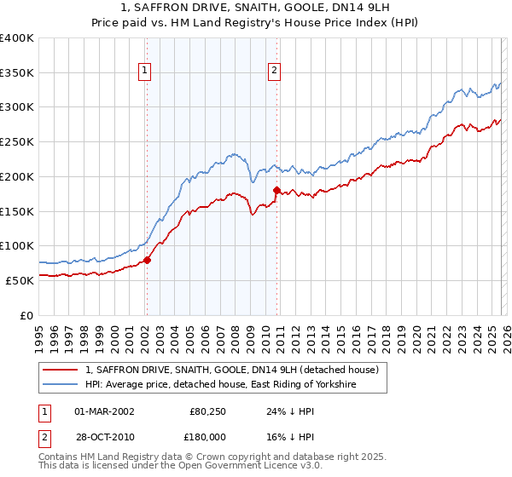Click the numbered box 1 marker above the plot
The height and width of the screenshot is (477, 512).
146,72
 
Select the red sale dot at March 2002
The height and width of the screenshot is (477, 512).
147,260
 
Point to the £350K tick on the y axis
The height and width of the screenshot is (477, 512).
17,73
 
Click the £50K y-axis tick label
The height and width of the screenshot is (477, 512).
20,280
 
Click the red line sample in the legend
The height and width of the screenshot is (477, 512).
61,370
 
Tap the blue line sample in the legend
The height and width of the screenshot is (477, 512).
61,385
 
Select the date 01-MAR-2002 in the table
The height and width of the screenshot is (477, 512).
104,411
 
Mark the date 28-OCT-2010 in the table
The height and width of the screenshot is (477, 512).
104,437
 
